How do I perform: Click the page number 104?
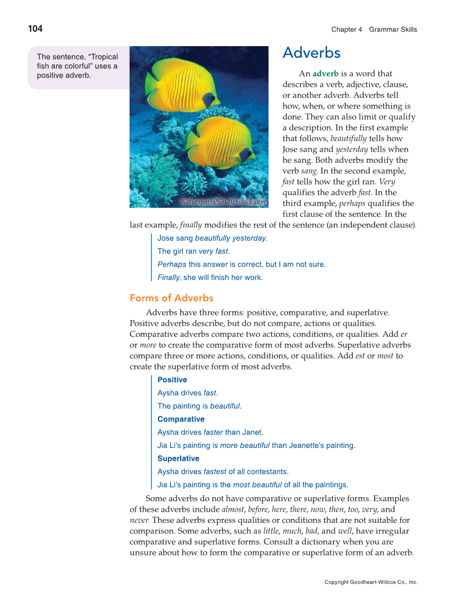pos(35,29)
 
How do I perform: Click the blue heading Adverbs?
pos(311,53)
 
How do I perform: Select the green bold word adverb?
pos(325,73)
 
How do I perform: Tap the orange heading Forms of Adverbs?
pos(171,298)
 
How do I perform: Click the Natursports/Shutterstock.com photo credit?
pos(223,202)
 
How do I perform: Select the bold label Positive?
pos(172,380)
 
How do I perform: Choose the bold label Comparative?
pos(181,419)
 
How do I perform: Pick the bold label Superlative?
pos(178,458)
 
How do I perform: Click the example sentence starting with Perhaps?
pos(241,264)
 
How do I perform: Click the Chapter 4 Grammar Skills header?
pos(374,29)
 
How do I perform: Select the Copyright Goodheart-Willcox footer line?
pos(371,582)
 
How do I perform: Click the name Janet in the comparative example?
pos(253,432)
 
